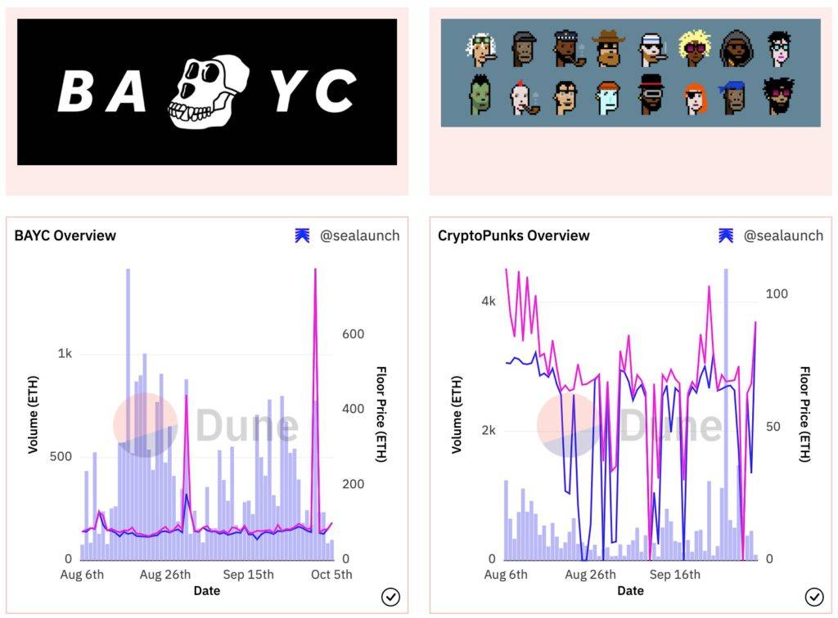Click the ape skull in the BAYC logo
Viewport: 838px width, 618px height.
pyautogui.click(x=209, y=92)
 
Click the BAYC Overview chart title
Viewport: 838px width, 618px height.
pyautogui.click(x=65, y=235)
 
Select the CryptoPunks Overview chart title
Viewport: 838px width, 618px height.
pyautogui.click(x=513, y=235)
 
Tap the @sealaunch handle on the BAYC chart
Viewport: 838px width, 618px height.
pyautogui.click(x=359, y=235)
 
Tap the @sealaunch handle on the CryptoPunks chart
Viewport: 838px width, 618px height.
pyautogui.click(x=783, y=235)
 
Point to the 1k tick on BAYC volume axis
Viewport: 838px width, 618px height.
pyautogui.click(x=65, y=354)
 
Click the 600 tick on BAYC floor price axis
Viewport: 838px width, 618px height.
pyautogui.click(x=354, y=334)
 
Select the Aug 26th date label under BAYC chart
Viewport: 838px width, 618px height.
pyautogui.click(x=165, y=575)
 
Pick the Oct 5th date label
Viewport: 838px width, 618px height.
pyautogui.click(x=332, y=575)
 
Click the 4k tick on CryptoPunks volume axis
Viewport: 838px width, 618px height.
pyautogui.click(x=489, y=302)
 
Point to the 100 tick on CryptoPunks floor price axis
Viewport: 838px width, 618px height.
pyautogui.click(x=777, y=293)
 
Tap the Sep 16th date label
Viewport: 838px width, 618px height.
pyautogui.click(x=675, y=575)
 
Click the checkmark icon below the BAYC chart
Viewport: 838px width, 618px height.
pyautogui.click(x=390, y=597)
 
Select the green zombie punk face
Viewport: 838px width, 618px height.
pyautogui.click(x=480, y=96)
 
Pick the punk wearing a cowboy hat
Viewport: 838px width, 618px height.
pyautogui.click(x=607, y=49)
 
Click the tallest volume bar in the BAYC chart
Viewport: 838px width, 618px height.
pyautogui.click(x=128, y=409)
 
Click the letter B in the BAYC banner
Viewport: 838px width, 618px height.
pyautogui.click(x=77, y=92)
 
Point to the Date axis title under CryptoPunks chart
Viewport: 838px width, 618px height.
pyautogui.click(x=630, y=590)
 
